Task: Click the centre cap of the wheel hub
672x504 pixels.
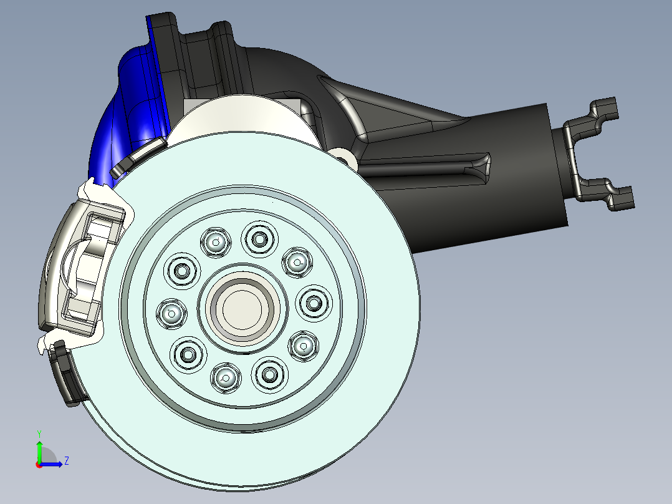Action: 242,309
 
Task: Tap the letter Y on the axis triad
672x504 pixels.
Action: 39,434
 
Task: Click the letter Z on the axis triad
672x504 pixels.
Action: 67,461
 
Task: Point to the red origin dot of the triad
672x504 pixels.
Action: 39,465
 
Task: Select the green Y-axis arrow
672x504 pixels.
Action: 39,452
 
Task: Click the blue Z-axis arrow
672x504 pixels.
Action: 51,464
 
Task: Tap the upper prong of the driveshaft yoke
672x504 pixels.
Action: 600,112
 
